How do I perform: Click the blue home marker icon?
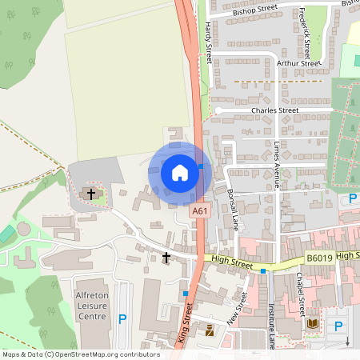pyautogui.click(x=180, y=173)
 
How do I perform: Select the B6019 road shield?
pyautogui.click(x=318, y=259)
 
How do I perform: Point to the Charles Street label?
pyautogui.click(x=274, y=110)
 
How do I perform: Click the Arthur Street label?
pyautogui.click(x=298, y=62)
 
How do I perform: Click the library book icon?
pyautogui.click(x=312, y=324)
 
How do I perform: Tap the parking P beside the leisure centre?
pyautogui.click(x=122, y=318)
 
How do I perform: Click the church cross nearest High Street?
pyautogui.click(x=166, y=257)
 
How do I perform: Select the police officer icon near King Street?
pyautogui.click(x=210, y=330)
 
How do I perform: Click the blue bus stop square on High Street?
pyautogui.click(x=262, y=271)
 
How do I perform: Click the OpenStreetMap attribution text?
pyautogui.click(x=81, y=354)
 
